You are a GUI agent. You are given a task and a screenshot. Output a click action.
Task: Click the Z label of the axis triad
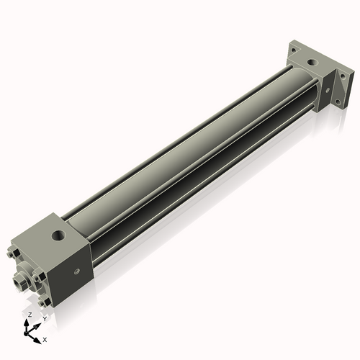click(29, 315)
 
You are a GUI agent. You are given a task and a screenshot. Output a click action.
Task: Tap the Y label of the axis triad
click(45, 318)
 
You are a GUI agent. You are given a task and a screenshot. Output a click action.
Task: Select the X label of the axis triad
click(45, 338)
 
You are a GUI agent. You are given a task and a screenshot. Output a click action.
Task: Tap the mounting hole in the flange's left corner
click(293, 50)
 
